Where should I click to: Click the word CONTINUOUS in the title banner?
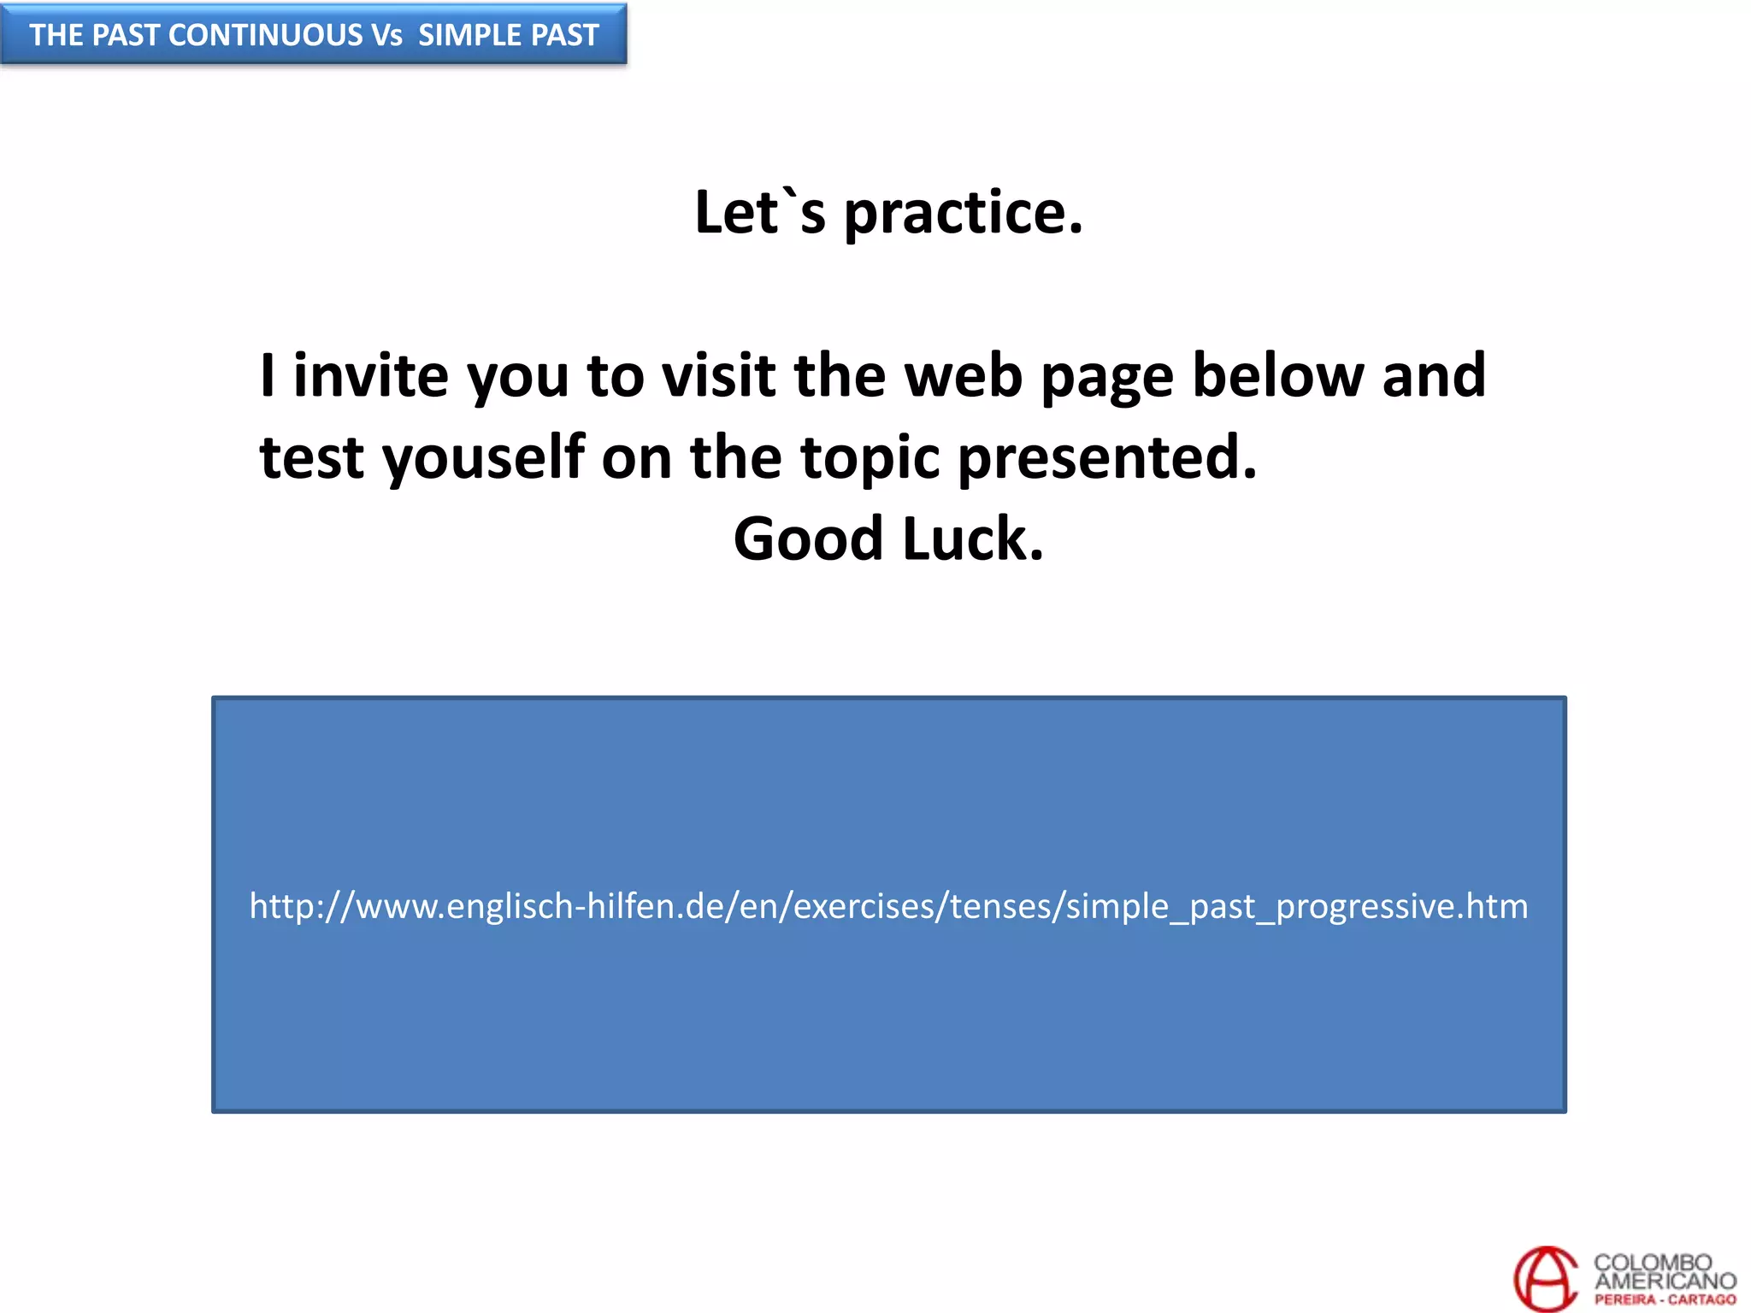(x=266, y=35)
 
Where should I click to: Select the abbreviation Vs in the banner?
(x=386, y=35)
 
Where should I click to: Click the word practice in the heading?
(x=963, y=213)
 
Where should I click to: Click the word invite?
(x=370, y=376)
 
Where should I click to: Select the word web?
(x=963, y=376)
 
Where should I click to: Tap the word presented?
(x=1107, y=458)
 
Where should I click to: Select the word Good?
(x=808, y=539)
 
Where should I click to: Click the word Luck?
(x=973, y=539)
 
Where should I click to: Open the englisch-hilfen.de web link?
(x=888, y=906)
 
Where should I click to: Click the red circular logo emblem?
(x=1545, y=1278)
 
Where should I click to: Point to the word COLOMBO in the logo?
(x=1652, y=1262)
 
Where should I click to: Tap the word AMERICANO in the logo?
(x=1665, y=1281)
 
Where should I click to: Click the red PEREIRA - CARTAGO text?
(x=1665, y=1299)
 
